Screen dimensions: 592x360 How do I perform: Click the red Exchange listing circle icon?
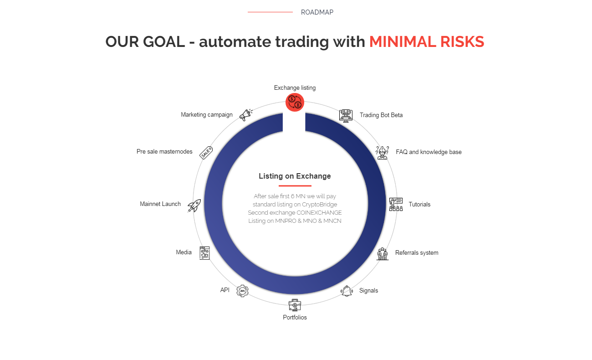[295, 102]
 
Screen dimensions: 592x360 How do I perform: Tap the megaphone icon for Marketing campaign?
[246, 115]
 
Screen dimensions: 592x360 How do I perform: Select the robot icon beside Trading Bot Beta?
[346, 116]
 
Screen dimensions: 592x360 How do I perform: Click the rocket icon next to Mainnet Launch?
[194, 206]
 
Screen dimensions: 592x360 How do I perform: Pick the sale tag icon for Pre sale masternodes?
[206, 153]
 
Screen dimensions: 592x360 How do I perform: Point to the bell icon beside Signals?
[347, 291]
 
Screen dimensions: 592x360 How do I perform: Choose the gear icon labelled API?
[242, 291]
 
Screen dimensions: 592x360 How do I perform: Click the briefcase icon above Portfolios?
[295, 305]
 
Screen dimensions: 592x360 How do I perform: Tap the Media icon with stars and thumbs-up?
[204, 253]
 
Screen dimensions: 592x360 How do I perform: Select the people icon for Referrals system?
[383, 254]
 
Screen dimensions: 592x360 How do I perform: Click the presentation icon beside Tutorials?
[396, 205]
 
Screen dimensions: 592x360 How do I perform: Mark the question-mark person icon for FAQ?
[382, 153]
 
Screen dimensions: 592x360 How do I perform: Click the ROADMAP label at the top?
[317, 12]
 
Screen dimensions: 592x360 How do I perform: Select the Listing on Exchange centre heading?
[295, 176]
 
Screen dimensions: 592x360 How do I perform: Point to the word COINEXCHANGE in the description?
[319, 213]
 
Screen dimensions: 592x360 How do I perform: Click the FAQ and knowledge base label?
[429, 152]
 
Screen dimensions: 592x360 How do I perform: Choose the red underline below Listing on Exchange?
[295, 186]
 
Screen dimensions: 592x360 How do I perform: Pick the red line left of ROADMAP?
[270, 12]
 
